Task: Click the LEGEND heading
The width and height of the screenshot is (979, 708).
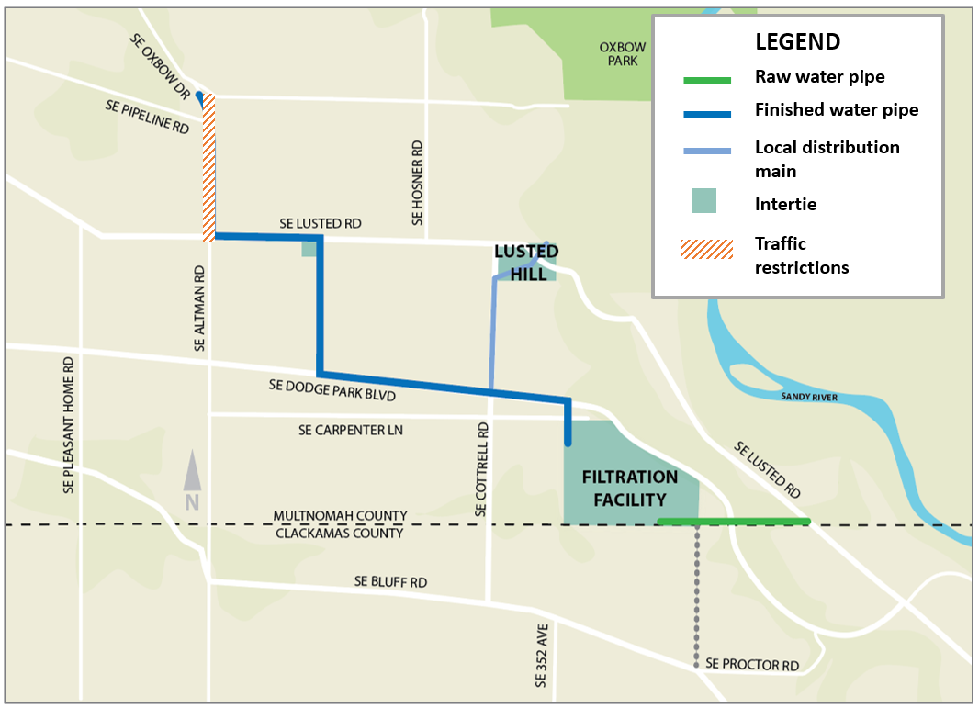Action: (797, 41)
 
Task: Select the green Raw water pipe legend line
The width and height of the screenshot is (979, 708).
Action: (707, 80)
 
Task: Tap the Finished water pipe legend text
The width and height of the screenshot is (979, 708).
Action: (836, 110)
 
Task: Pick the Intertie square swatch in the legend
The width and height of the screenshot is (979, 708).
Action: (704, 201)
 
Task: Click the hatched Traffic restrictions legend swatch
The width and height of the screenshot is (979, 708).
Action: (706, 249)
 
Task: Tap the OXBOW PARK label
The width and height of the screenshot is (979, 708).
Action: (623, 53)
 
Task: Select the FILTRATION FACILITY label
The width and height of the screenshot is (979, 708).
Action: (629, 489)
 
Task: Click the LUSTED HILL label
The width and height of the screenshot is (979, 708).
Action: (526, 262)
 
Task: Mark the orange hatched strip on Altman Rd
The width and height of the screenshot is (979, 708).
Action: (208, 165)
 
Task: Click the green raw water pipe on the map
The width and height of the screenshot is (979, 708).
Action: (734, 522)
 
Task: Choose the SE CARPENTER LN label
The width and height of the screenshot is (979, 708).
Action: (351, 430)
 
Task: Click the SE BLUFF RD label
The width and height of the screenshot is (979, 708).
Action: (390, 582)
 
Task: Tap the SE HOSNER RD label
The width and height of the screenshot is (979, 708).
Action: (418, 183)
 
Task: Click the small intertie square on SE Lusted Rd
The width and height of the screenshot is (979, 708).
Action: (309, 248)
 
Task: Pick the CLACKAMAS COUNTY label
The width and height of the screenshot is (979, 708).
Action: (340, 533)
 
